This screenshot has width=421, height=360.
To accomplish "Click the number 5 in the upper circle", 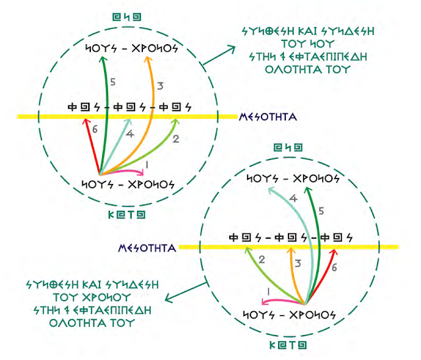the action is [x=113, y=82].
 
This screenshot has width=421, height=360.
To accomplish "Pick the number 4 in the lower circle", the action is [x=293, y=198].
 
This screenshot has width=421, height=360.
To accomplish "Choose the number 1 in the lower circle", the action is [x=267, y=291].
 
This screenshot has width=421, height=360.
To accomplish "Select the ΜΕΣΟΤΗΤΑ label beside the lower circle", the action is [x=146, y=249].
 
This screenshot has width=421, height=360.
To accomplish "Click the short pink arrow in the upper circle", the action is [x=132, y=172].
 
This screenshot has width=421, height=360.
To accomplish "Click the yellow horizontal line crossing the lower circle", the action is [x=369, y=247].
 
